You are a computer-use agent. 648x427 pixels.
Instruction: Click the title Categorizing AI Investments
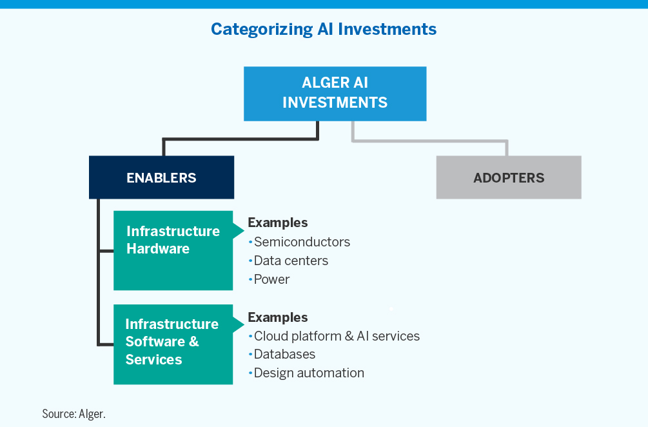324,29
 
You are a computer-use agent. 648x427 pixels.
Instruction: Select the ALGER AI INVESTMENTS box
335,94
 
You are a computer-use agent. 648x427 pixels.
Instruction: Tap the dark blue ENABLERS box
161,177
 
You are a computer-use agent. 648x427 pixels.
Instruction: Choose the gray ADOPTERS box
509,177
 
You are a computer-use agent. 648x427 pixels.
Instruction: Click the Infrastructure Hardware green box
173,250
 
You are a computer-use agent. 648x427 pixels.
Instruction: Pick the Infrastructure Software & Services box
173,344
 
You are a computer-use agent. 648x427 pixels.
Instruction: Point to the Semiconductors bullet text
302,242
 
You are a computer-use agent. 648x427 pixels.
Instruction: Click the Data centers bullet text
291,261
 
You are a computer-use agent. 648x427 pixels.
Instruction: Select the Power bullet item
271,279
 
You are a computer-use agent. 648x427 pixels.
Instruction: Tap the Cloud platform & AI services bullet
337,336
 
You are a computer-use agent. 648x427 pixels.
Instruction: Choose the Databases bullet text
284,354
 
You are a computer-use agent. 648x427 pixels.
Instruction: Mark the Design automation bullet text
309,373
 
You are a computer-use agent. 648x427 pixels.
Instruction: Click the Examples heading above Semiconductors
278,223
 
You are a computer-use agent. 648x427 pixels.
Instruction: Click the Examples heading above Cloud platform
278,317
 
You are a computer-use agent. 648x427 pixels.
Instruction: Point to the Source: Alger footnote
74,413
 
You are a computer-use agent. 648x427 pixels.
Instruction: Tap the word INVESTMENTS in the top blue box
335,102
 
